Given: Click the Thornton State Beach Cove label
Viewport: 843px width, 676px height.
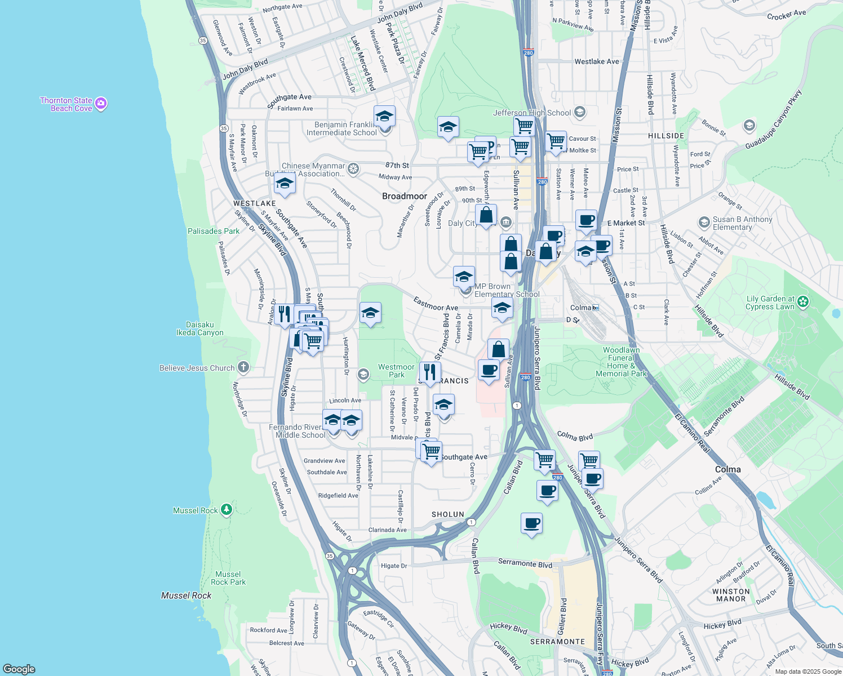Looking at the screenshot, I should (66, 105).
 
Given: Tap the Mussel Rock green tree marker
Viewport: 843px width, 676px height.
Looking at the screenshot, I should (227, 510).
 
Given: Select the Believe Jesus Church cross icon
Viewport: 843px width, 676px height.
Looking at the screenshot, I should (243, 368).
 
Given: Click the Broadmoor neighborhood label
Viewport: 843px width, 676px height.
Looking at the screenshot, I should (405, 196).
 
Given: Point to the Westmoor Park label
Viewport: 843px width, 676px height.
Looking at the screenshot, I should (396, 371).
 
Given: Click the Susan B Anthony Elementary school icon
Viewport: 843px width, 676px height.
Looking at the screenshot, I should (704, 223).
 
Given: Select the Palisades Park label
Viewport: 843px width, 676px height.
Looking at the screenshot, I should (214, 231).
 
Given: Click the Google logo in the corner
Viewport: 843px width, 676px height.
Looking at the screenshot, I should (19, 669).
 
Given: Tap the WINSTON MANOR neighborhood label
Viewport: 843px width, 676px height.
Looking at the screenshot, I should (731, 595).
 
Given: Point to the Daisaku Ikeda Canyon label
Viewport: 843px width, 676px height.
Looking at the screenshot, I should (200, 328).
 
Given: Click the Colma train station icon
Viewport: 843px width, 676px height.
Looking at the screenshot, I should (596, 308).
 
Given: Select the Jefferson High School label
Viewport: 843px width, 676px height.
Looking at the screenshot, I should (532, 113).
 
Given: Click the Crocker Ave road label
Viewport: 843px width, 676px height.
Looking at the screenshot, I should (787, 15).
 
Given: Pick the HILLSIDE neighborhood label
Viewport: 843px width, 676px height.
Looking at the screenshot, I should (666, 136).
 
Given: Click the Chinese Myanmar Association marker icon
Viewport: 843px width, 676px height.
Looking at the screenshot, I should (353, 168).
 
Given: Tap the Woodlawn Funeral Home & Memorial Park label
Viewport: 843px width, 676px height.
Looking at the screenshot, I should (622, 362).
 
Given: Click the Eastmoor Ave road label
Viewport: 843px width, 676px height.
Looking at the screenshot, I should (436, 304).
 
